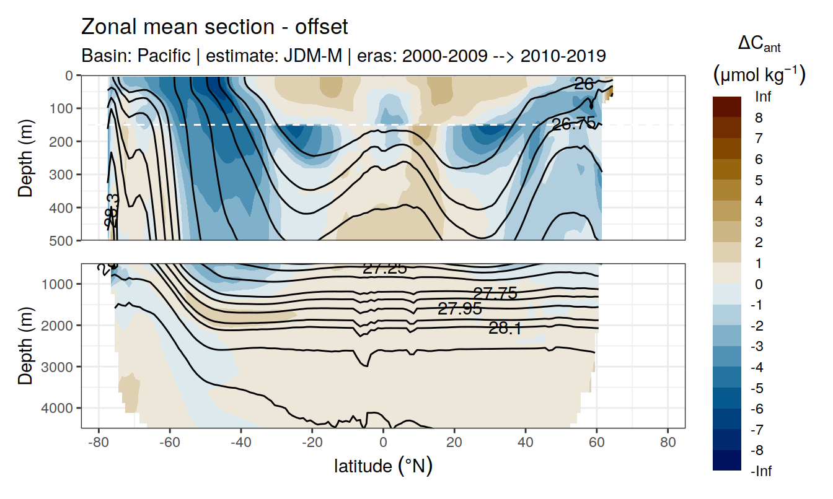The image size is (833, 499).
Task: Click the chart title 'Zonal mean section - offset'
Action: (214, 27)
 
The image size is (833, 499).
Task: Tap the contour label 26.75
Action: (573, 124)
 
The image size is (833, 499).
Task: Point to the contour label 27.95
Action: (459, 309)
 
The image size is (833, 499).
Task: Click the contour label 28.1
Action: (505, 329)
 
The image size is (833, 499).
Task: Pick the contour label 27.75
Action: (495, 293)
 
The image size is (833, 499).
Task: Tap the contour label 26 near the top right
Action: (583, 84)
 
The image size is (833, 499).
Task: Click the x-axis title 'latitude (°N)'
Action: (383, 466)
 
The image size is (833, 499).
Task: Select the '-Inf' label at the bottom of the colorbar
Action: (762, 471)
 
